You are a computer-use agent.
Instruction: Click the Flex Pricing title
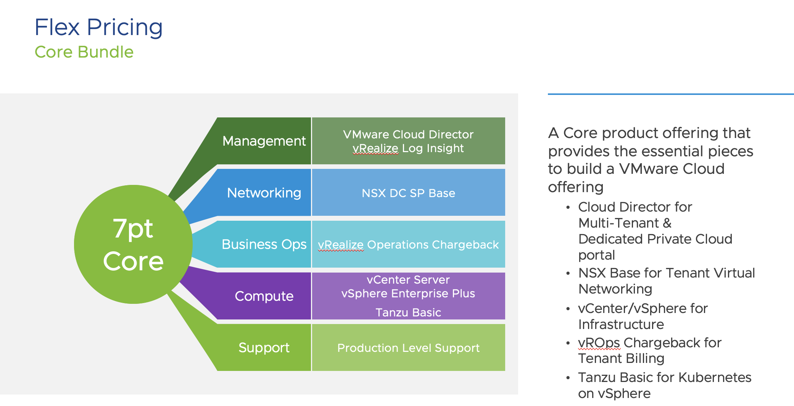click(98, 27)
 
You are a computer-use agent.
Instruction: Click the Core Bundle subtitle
click(84, 52)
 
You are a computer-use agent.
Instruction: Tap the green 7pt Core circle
click(133, 244)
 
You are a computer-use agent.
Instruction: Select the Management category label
click(264, 141)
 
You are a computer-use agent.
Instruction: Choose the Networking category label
click(264, 193)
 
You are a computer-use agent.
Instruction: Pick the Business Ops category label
click(264, 244)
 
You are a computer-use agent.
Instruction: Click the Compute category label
click(264, 296)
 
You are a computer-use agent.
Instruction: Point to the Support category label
click(264, 348)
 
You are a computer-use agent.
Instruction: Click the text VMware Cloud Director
click(408, 135)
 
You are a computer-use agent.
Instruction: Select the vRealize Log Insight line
click(408, 148)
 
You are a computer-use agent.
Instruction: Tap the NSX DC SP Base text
click(408, 193)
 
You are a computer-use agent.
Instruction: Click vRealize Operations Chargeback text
click(408, 245)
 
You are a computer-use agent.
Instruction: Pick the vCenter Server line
click(408, 280)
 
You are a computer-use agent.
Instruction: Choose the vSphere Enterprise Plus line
click(408, 294)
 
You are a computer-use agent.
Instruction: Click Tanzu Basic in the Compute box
click(408, 313)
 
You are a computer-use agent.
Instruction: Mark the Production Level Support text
click(408, 348)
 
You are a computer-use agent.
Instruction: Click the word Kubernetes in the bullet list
click(715, 377)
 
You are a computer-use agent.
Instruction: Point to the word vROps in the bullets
click(599, 343)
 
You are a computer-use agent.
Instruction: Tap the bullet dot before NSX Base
click(568, 273)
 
